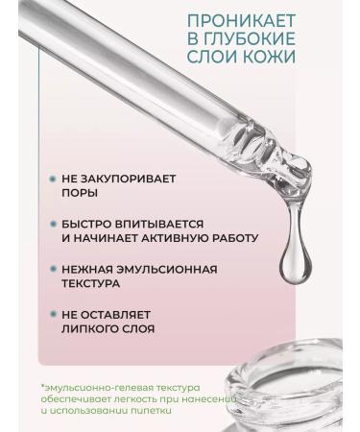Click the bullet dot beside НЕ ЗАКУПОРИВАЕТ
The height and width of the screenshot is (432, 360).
point(52,178)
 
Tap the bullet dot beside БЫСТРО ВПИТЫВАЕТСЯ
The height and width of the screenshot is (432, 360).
point(52,223)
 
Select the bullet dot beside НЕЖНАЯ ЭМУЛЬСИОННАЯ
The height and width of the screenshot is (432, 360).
point(52,269)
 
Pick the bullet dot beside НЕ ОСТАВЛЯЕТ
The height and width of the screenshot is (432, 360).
point(52,314)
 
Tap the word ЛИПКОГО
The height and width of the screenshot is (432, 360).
point(89,329)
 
